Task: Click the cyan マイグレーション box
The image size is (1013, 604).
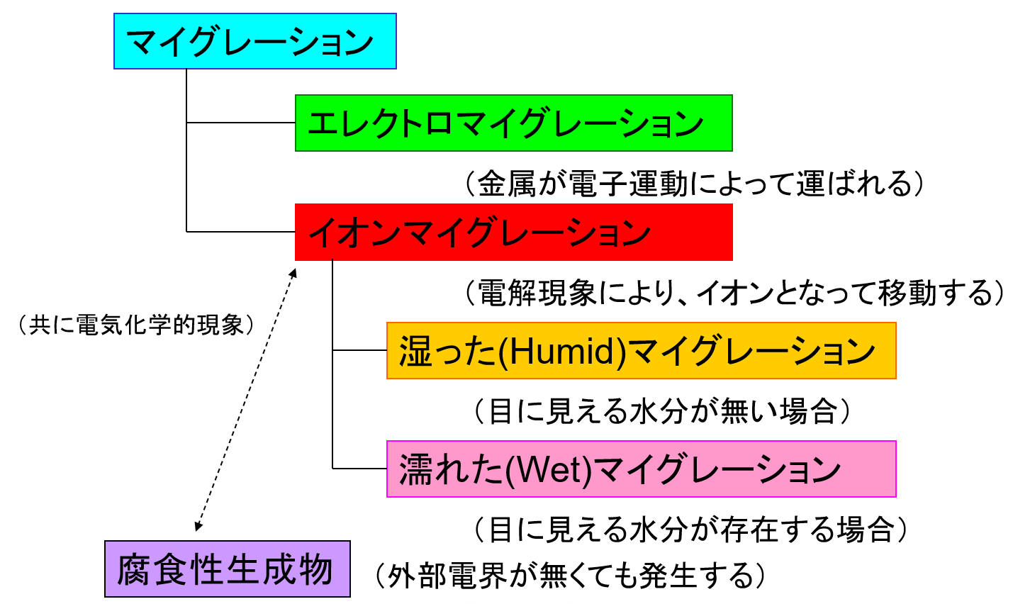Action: coord(254,41)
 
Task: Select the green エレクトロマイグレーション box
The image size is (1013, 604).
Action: coord(513,123)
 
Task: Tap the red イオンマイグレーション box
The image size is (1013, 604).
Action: coord(513,233)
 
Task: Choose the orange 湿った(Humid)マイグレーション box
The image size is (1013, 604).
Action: coord(641,351)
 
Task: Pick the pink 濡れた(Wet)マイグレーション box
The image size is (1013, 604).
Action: coord(641,469)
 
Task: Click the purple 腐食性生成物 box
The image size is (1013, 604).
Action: coord(227,569)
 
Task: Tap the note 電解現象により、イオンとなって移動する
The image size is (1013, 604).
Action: coord(734,293)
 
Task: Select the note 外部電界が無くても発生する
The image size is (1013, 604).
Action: coord(571,576)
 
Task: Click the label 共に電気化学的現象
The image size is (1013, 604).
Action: coord(136,325)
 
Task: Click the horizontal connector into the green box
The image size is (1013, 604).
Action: coord(241,123)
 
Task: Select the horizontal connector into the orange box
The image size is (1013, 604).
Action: coord(359,350)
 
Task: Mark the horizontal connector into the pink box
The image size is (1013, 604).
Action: coord(359,469)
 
